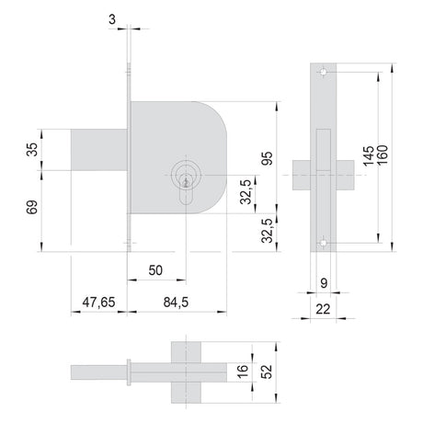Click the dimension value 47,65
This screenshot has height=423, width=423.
click(x=98, y=303)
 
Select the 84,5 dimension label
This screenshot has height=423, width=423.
click(x=176, y=303)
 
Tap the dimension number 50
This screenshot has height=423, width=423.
click(x=155, y=270)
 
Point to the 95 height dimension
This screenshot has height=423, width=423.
click(x=268, y=158)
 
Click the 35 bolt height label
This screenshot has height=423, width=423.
click(x=32, y=150)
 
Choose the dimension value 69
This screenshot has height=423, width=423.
click(x=32, y=207)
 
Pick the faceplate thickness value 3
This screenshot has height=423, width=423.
click(x=112, y=19)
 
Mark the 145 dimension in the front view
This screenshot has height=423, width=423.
click(x=369, y=156)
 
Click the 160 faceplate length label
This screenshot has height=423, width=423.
click(x=383, y=154)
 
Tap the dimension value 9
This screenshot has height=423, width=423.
click(x=324, y=283)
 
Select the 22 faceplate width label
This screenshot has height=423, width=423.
click(x=323, y=309)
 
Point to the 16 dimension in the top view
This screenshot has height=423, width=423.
click(x=242, y=372)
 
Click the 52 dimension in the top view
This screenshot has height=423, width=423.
click(x=268, y=372)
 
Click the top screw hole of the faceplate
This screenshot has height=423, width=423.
click(x=323, y=72)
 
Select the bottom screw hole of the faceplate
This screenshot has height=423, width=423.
click(x=323, y=243)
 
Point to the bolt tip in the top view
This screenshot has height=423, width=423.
click(x=98, y=372)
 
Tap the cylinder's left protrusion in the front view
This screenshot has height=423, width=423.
click(x=302, y=175)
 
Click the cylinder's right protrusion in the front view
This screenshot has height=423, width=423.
click(x=346, y=175)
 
